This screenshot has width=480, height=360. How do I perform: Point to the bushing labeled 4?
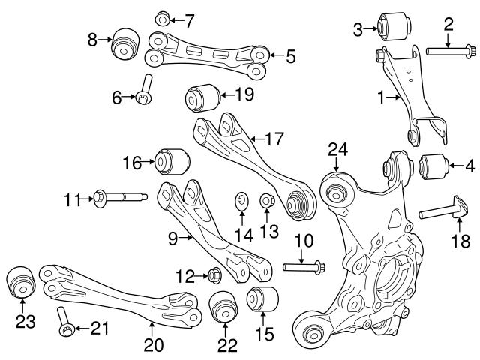[433, 165]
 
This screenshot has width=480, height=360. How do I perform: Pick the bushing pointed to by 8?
[123, 45]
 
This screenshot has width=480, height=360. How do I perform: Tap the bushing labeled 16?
[172, 160]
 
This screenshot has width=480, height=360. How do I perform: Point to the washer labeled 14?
[241, 201]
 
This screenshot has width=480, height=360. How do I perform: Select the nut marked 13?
[265, 201]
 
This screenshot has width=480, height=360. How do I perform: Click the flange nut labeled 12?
[213, 274]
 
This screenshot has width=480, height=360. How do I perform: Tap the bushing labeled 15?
[262, 297]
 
